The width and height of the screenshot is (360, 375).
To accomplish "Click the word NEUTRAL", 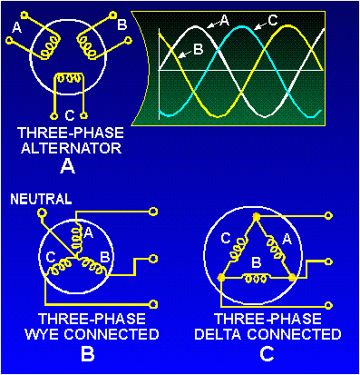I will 34,197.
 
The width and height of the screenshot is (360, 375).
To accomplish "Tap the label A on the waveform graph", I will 223,19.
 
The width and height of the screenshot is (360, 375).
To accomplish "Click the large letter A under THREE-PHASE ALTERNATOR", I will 66,167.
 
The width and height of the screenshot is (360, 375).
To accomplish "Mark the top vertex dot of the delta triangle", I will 257,217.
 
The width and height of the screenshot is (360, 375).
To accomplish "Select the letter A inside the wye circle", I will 88,233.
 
